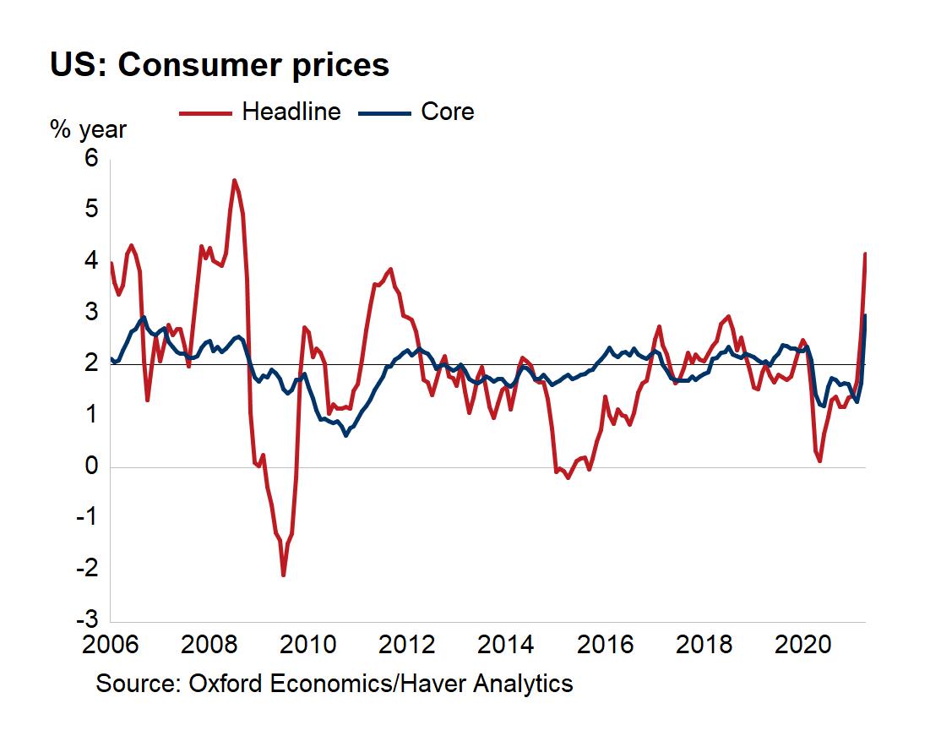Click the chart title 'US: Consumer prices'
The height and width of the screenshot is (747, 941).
220,65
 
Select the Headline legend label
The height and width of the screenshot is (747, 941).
291,112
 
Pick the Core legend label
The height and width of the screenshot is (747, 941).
447,112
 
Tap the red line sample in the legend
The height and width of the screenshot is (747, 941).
206,112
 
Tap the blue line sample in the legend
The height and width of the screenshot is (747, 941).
384,112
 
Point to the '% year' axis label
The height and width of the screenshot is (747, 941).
88,130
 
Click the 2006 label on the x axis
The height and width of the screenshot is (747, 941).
110,646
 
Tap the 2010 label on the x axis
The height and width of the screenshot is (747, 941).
307,646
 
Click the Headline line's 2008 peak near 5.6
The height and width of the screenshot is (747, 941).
234,180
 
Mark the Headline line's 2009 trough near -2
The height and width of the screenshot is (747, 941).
283,575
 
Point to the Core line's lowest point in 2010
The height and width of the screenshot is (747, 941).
345,435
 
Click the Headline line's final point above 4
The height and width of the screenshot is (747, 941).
864,254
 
